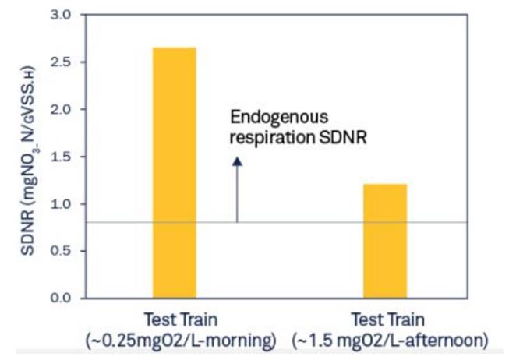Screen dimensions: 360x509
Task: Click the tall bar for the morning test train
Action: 174,172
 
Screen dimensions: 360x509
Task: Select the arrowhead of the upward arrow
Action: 237,161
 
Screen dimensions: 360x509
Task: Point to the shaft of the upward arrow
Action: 237,195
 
